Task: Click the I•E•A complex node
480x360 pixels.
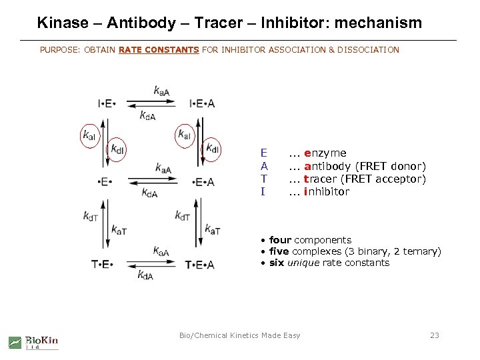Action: tap(202, 103)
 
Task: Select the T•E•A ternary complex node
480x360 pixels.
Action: tap(200, 265)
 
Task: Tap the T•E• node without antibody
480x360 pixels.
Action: tap(102, 265)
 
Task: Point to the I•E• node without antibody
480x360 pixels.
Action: tap(107, 103)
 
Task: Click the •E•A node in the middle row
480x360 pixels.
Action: tap(202, 182)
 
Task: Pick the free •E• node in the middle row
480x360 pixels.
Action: tap(105, 182)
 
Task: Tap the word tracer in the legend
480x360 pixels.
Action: tap(321, 179)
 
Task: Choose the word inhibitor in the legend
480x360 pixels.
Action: tap(326, 192)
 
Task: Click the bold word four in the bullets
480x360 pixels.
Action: tap(280, 240)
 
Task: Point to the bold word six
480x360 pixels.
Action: tap(277, 263)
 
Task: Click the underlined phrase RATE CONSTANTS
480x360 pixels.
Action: tap(159, 50)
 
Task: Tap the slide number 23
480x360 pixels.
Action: tap(435, 335)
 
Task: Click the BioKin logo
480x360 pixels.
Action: tap(33, 342)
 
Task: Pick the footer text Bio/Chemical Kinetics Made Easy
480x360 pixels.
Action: tap(240, 335)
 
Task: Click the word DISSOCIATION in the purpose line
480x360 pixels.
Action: tap(367, 50)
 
